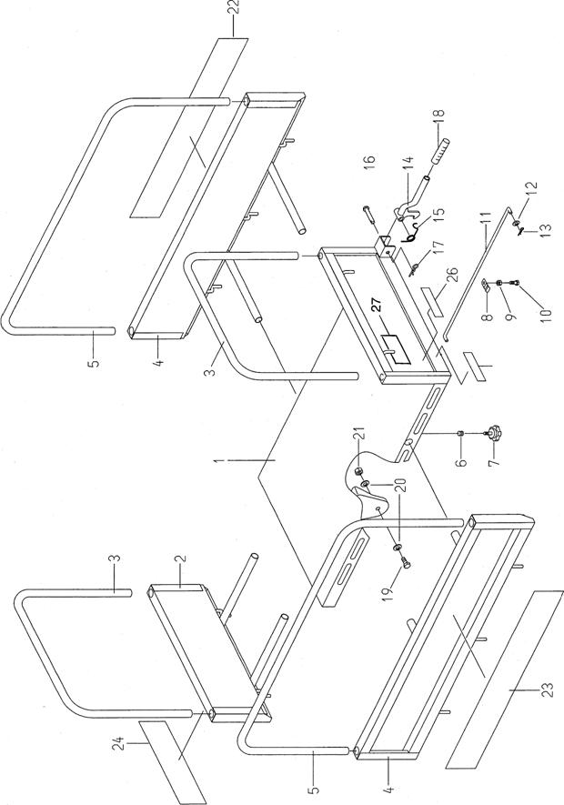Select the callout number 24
[x=119, y=744]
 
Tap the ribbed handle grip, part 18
[x=438, y=152]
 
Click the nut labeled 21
[x=359, y=471]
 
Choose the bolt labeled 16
[x=371, y=215]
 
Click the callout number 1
[x=220, y=461]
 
